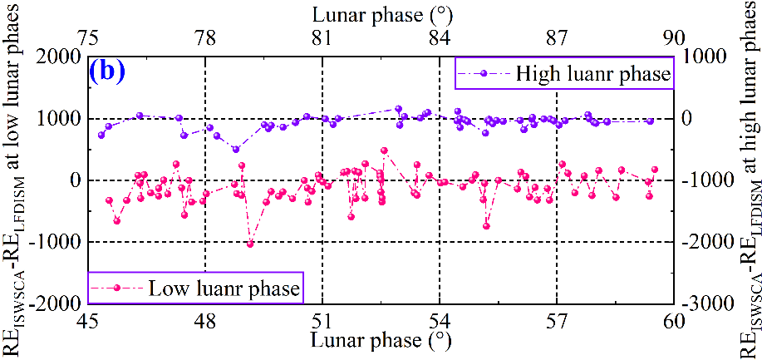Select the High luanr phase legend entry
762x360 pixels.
coord(565,74)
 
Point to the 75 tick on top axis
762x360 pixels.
coord(88,38)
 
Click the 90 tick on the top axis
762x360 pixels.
coord(674,38)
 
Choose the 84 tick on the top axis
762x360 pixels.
coord(440,38)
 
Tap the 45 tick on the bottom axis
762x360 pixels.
coord(88,320)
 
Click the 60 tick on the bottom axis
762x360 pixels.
coord(674,320)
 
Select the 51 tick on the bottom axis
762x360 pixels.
coord(322,320)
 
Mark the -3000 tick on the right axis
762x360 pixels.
coord(703,304)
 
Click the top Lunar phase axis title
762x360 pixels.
coord(381,14)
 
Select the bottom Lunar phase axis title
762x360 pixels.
coord(381,341)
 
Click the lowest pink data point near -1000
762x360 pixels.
coord(250,244)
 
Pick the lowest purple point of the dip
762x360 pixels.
coord(236,150)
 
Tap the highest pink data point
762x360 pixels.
coord(384,151)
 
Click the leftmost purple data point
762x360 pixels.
coord(101,135)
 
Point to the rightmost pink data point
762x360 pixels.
coord(654,170)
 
